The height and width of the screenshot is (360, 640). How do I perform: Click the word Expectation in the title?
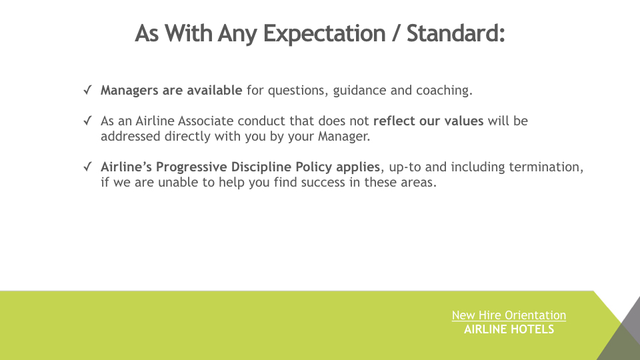[325, 33]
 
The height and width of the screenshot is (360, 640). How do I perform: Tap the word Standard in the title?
[456, 33]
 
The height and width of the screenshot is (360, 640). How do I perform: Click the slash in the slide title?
[396, 33]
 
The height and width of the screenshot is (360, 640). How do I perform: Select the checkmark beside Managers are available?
[88, 90]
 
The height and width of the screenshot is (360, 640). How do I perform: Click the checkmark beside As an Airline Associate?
[88, 121]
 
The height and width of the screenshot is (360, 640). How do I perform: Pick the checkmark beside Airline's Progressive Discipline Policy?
[88, 167]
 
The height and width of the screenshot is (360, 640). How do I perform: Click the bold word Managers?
[129, 91]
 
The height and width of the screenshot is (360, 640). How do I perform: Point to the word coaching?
[444, 91]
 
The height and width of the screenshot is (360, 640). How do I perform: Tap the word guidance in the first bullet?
[359, 91]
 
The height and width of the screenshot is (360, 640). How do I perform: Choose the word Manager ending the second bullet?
[344, 136]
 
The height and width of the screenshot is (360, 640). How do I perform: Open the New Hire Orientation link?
[509, 315]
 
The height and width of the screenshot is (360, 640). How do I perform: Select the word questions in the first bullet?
[298, 91]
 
